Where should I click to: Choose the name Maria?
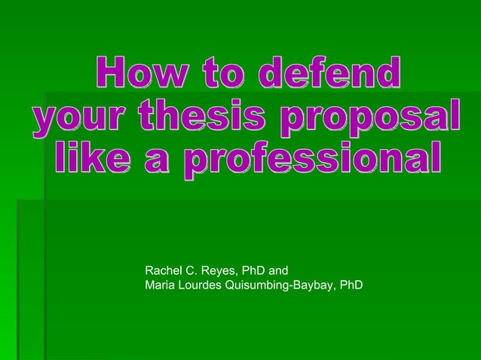[x=160, y=285]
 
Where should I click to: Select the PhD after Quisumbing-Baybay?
[x=351, y=285]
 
